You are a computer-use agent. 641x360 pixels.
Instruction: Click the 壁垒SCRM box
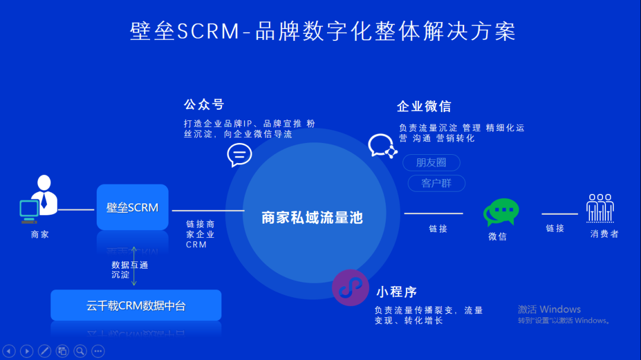tap(132, 208)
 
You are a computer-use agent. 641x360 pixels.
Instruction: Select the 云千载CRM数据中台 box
tap(136, 306)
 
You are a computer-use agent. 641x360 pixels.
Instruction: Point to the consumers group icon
tap(600, 208)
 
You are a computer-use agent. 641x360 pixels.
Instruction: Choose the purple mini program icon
tap(350, 287)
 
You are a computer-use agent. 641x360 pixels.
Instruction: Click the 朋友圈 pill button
tap(431, 163)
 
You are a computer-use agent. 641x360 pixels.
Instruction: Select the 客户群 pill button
tap(436, 183)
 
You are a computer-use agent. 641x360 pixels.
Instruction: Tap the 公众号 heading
tap(204, 105)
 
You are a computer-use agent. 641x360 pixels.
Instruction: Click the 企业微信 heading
tap(424, 107)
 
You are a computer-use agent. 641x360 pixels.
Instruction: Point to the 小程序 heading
tap(396, 292)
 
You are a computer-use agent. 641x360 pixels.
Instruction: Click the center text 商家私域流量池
tap(312, 218)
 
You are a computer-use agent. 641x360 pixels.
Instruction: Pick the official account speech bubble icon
tap(239, 155)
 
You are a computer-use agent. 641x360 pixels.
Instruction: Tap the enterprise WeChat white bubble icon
tap(381, 145)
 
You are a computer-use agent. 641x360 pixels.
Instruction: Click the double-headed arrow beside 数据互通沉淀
tap(134, 266)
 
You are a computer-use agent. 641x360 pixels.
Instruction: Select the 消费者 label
tap(604, 234)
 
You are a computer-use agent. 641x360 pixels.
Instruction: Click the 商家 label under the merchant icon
tap(40, 234)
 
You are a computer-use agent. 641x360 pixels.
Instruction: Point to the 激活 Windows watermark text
tap(549, 310)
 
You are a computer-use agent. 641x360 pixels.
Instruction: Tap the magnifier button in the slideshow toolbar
tap(80, 351)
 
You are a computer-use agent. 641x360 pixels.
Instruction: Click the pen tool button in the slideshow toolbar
tap(44, 351)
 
